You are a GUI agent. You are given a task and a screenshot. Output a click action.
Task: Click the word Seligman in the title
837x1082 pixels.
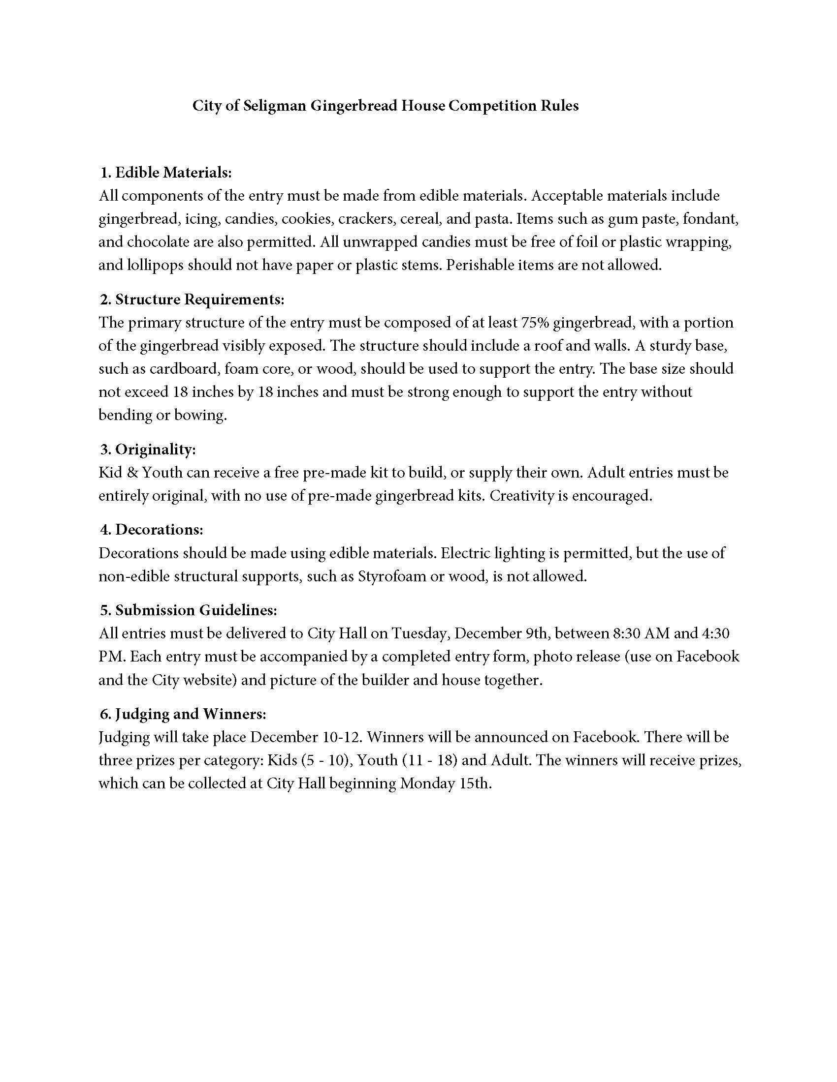(275, 106)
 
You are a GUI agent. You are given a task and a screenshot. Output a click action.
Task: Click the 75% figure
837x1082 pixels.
(535, 323)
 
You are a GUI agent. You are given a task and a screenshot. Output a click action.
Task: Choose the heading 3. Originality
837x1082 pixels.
(148, 450)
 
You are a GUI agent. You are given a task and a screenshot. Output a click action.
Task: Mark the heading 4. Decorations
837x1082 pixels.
(152, 530)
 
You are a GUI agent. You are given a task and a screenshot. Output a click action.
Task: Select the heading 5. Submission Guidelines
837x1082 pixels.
(189, 610)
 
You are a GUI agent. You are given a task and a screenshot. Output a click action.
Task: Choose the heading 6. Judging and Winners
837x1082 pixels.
(183, 714)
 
